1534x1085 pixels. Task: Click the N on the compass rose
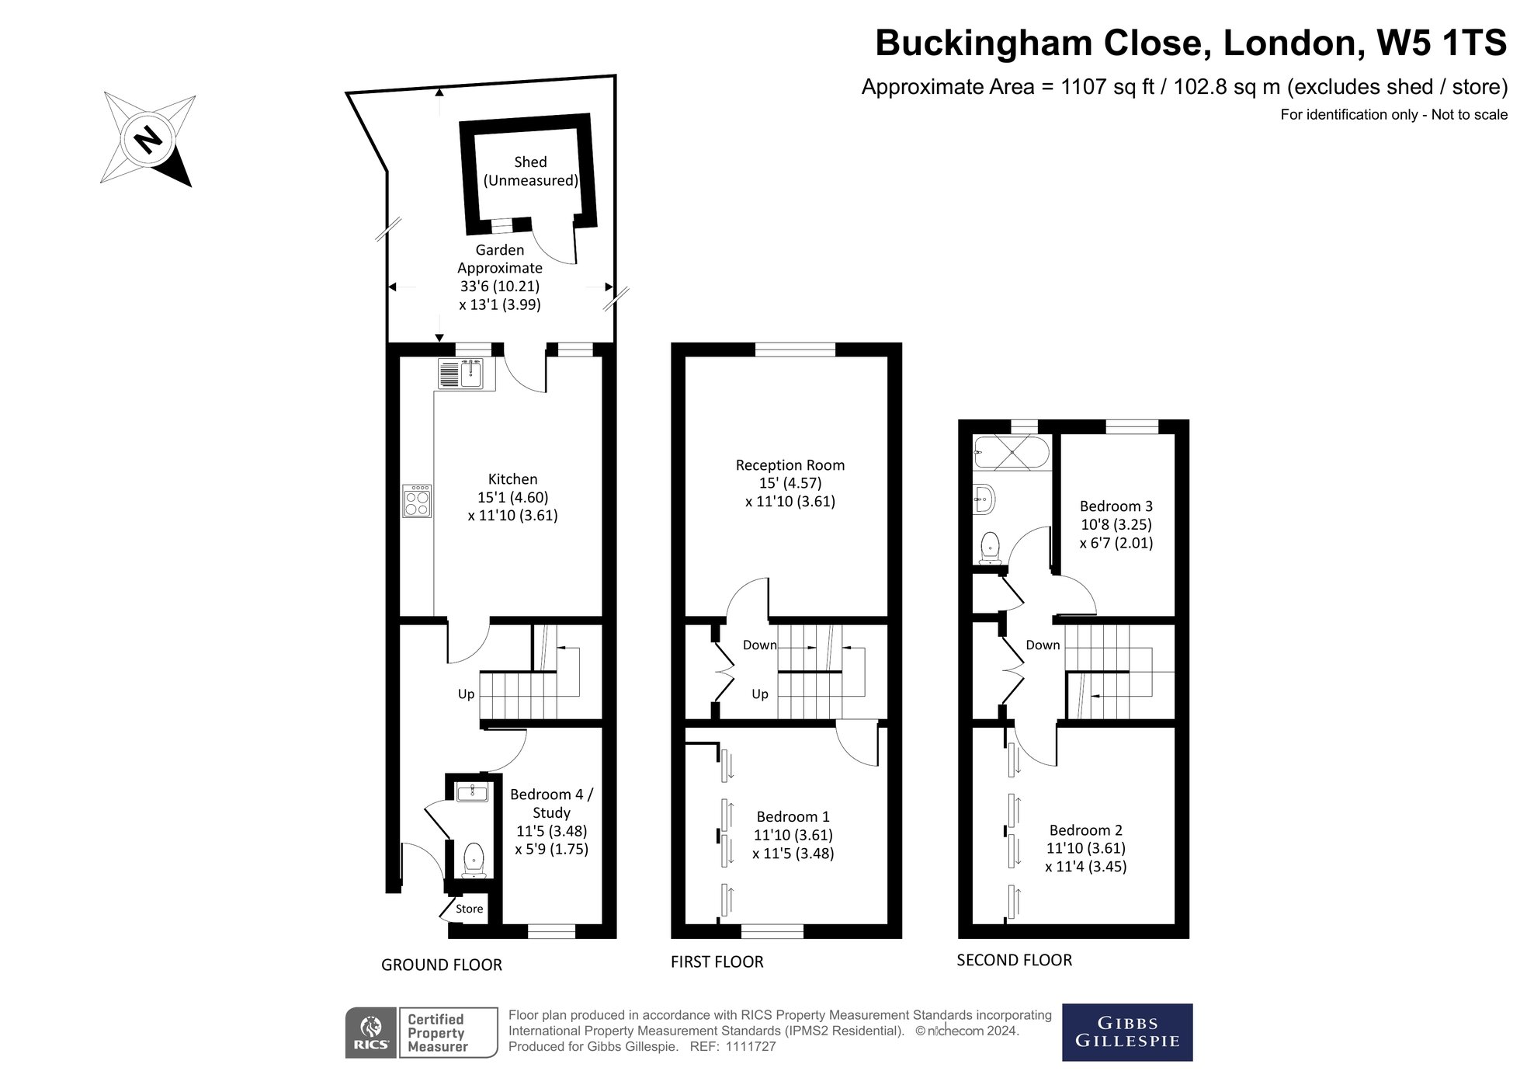point(147,140)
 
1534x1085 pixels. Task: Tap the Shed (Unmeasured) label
point(531,171)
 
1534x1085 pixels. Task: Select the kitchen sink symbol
point(467,374)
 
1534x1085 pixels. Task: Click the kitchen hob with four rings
point(417,500)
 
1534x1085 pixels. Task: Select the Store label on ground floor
point(470,909)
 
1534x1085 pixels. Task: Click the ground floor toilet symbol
point(474,860)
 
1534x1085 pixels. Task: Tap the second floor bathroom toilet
point(990,547)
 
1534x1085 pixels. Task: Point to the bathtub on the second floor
point(1012,453)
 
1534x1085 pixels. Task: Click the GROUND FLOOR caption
point(442,965)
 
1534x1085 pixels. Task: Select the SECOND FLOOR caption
point(1014,960)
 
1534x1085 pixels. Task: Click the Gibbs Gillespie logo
point(1127,1032)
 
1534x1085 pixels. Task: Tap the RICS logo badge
point(371,1033)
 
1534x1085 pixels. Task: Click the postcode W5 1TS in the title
point(1442,43)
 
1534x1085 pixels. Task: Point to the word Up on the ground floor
point(466,694)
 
